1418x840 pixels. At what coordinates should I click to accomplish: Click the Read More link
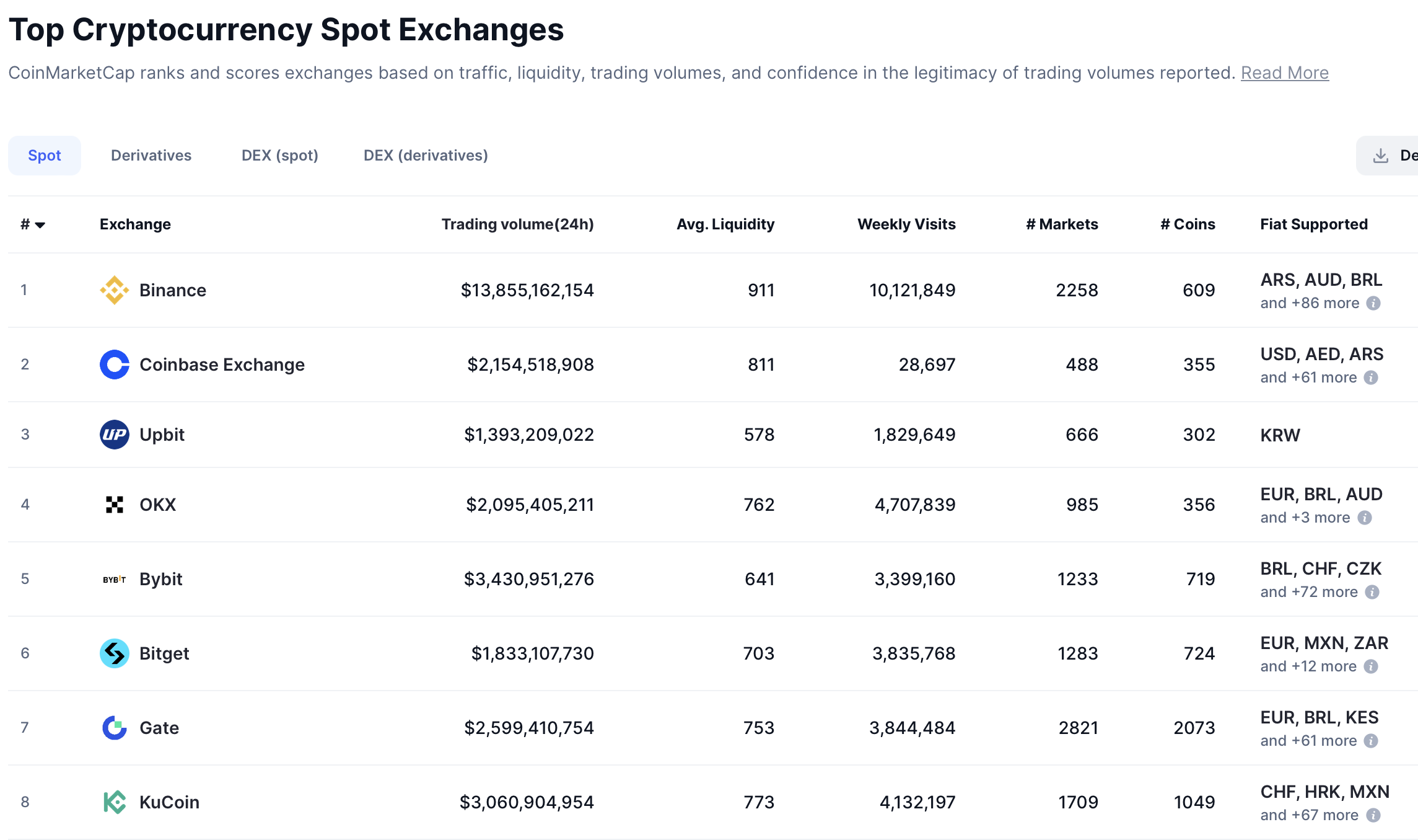pyautogui.click(x=1284, y=73)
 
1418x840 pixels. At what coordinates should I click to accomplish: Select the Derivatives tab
pyautogui.click(x=151, y=156)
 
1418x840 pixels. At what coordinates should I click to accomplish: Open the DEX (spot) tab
pyautogui.click(x=279, y=156)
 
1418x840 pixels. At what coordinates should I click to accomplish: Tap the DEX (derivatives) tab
pyautogui.click(x=426, y=156)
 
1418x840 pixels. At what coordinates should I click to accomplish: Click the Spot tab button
pyautogui.click(x=45, y=156)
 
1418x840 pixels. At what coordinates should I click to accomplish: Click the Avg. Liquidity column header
pyautogui.click(x=725, y=224)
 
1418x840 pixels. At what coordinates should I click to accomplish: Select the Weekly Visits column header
pyautogui.click(x=906, y=224)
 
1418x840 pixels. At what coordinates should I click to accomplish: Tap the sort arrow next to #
pyautogui.click(x=40, y=225)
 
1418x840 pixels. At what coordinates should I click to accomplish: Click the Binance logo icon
pyautogui.click(x=115, y=290)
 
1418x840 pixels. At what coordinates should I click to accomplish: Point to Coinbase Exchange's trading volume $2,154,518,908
pyautogui.click(x=530, y=365)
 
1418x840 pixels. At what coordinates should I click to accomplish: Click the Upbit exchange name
pyautogui.click(x=162, y=435)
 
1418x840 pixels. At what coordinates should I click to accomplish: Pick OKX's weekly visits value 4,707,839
pyautogui.click(x=914, y=505)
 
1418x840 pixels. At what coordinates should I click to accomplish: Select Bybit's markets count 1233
pyautogui.click(x=1077, y=579)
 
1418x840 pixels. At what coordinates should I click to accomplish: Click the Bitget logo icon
pyautogui.click(x=115, y=653)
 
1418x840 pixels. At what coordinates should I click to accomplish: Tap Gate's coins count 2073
pyautogui.click(x=1194, y=728)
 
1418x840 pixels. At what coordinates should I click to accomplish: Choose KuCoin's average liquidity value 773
pyautogui.click(x=759, y=802)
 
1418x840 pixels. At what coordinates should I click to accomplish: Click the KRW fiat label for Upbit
pyautogui.click(x=1280, y=435)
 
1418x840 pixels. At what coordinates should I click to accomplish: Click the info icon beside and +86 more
pyautogui.click(x=1373, y=303)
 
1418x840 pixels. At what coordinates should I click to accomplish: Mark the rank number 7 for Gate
pyautogui.click(x=25, y=727)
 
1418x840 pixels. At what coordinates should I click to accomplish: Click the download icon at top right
pyautogui.click(x=1380, y=156)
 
